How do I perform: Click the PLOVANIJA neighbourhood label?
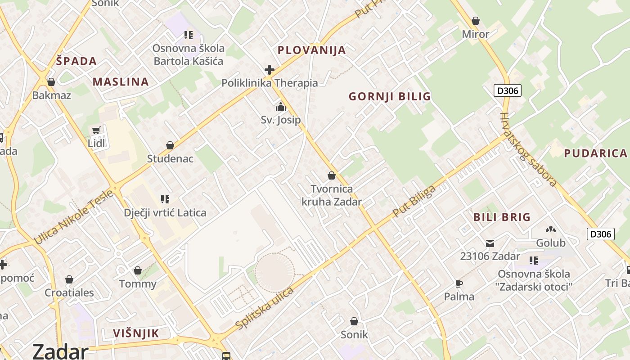pos(312,50)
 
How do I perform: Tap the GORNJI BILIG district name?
pos(390,96)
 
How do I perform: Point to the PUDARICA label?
pos(595,153)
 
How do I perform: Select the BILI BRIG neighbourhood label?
pos(502,217)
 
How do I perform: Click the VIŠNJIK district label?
pos(136,333)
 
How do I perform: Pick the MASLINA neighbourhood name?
pos(121,82)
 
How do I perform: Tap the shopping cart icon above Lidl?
pos(96,130)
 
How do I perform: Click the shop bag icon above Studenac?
pos(170,145)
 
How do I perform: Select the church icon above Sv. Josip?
pos(281,107)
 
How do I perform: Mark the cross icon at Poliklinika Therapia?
pos(270,70)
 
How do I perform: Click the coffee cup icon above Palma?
pos(459,283)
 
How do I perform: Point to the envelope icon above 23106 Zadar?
pos(490,243)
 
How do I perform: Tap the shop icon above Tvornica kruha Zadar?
pos(332,175)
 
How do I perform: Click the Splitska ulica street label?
pos(264,308)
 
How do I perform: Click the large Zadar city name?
pos(60,351)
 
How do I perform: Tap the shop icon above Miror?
pos(476,21)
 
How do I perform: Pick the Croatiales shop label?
pos(69,292)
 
